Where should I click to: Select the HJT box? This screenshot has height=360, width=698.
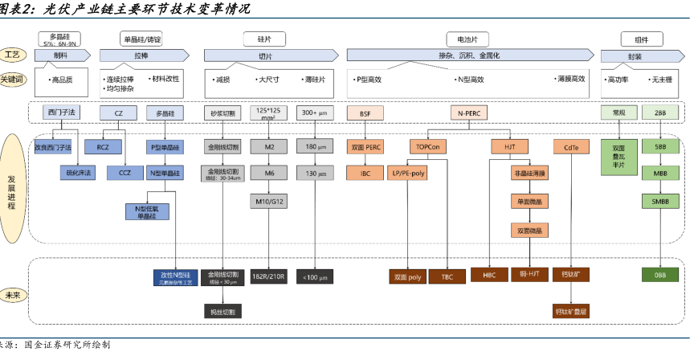click(509, 148)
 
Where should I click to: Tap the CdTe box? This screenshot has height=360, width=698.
click(572, 148)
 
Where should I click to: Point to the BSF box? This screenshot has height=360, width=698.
click(365, 113)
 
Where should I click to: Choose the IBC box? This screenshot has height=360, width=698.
click(365, 172)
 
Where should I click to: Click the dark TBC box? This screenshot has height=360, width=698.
click(447, 276)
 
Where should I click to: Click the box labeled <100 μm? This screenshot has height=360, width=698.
click(315, 276)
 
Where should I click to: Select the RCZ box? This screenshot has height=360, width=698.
click(103, 148)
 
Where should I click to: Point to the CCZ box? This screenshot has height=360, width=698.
click(125, 172)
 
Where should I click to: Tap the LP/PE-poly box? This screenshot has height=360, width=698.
click(408, 172)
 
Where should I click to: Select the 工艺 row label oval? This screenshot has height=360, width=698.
click(12, 55)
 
